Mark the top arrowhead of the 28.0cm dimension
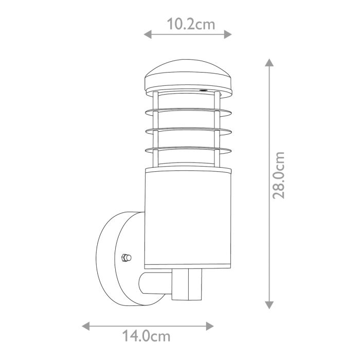click(x=268, y=63)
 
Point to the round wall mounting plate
click(x=116, y=257)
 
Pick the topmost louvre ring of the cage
click(x=188, y=110)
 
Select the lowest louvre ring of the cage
click(x=188, y=150)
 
